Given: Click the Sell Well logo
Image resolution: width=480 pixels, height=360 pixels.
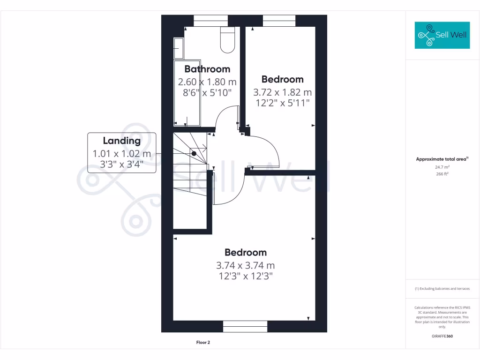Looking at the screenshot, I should (442, 35).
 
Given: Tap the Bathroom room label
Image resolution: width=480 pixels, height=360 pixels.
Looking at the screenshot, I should (207, 69).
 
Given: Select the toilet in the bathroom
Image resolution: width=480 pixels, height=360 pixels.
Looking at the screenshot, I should (227, 39).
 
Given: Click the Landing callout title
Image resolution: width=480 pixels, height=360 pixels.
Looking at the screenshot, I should (122, 141).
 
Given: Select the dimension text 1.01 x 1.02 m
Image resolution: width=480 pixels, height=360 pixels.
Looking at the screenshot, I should (122, 153).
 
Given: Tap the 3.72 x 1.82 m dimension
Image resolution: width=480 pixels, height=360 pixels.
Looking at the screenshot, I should (282, 92).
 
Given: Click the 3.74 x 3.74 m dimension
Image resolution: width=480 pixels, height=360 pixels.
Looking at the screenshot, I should (246, 265).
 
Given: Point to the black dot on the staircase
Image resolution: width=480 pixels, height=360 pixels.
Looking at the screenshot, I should (194, 153).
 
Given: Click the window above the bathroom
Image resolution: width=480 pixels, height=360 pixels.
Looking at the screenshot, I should (210, 21).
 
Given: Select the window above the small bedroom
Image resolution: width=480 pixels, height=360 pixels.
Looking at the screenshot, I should (279, 21).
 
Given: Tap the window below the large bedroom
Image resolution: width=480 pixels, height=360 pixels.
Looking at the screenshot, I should (245, 326).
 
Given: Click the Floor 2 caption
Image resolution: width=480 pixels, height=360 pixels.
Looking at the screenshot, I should (203, 343).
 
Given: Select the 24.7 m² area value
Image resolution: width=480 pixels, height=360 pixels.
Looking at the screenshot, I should (442, 167).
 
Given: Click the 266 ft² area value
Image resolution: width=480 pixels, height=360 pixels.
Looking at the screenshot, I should (442, 174).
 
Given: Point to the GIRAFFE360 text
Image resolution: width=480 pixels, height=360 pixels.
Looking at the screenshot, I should (442, 336).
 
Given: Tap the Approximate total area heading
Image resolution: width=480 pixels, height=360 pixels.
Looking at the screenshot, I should (442, 159).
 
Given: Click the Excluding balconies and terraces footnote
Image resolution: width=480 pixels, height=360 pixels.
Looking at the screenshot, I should (442, 289).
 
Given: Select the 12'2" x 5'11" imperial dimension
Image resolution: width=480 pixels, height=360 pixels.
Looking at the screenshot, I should (282, 103).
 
